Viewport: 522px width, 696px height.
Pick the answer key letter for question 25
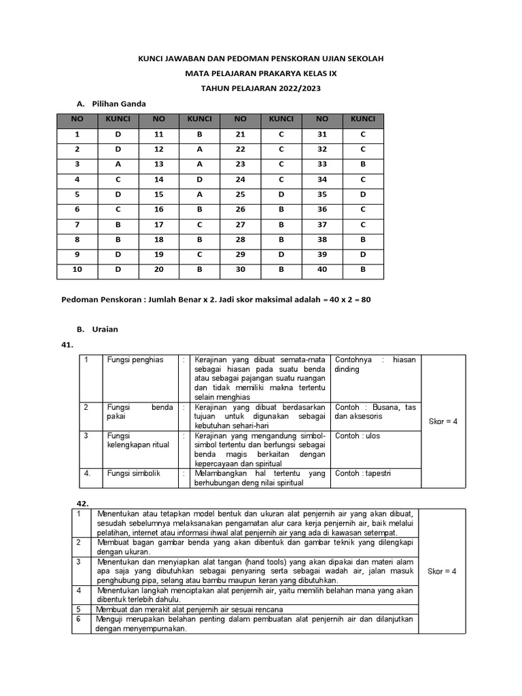(281, 193)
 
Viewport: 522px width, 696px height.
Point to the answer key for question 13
(199, 164)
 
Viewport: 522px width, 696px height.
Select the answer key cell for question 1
(118, 135)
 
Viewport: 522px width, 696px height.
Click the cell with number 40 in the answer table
(322, 269)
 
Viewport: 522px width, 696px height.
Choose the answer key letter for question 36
(363, 209)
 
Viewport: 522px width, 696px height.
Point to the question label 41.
(67, 345)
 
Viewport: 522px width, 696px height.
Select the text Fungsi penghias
(135, 360)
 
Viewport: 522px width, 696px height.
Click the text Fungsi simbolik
(134, 474)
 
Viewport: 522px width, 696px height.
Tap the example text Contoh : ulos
(358, 436)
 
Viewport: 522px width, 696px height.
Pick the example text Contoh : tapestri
(362, 474)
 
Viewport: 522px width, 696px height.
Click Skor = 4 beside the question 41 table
(443, 421)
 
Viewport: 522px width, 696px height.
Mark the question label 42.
(83, 503)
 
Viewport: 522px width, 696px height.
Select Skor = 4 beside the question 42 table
(442, 571)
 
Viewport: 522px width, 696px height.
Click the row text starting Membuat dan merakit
(190, 609)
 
